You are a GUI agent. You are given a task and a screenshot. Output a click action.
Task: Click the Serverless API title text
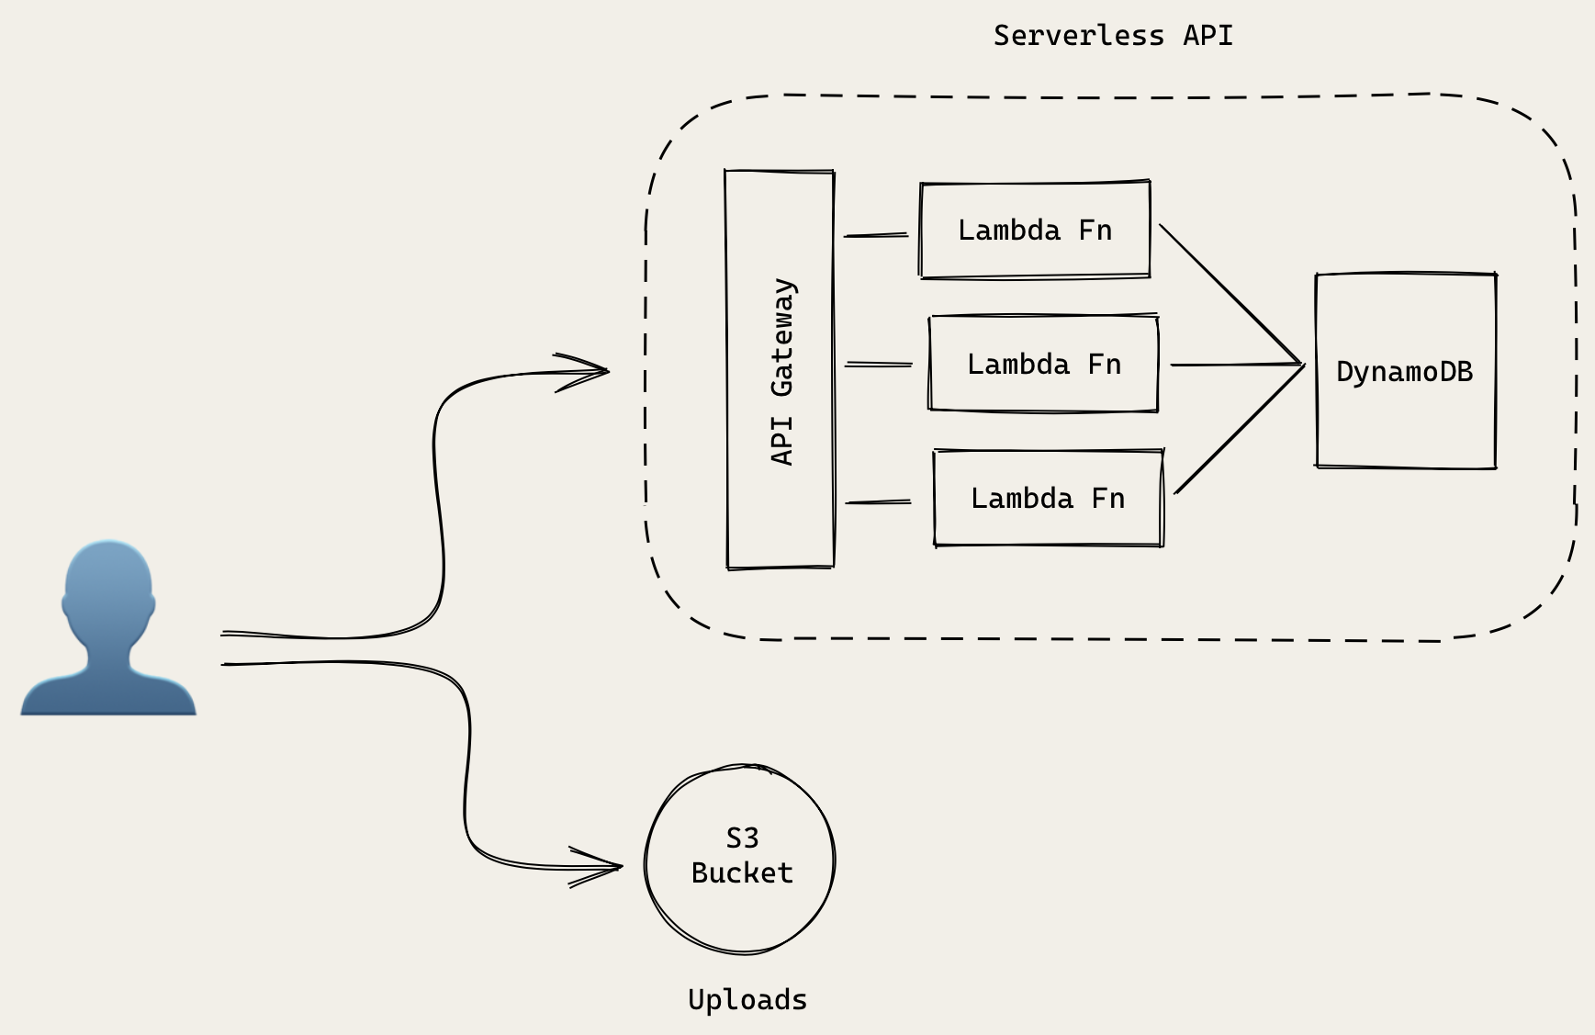point(1112,36)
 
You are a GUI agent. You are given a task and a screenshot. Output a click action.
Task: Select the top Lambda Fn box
point(1035,230)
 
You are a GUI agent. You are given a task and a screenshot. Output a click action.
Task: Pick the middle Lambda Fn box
point(1043,364)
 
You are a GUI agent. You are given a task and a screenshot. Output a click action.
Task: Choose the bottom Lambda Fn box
point(1048,498)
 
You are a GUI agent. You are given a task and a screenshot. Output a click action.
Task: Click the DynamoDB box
point(1405,371)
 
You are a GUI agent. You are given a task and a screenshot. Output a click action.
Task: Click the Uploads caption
point(747,999)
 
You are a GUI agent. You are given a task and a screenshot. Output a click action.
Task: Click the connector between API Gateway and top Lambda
point(876,235)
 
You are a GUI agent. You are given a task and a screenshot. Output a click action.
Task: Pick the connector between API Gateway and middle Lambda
point(879,365)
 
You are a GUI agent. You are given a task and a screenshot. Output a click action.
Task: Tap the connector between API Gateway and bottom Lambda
point(878,502)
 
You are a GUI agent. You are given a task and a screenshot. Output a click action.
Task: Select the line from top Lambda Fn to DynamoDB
point(1230,294)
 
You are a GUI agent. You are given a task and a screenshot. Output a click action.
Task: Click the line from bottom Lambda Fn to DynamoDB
point(1239,430)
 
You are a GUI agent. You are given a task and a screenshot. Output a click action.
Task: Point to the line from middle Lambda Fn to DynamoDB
point(1235,365)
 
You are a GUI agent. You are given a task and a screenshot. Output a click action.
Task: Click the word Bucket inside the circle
point(742,872)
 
